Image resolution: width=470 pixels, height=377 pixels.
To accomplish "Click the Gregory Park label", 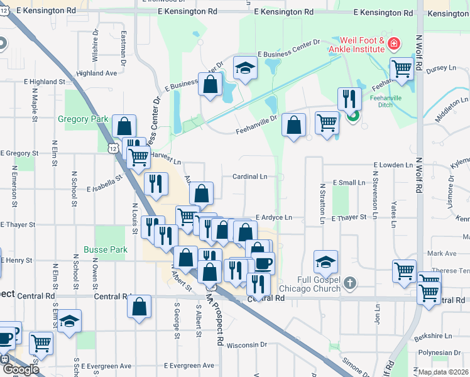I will click(x=83, y=119).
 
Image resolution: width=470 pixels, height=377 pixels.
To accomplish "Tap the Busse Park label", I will click(x=105, y=249).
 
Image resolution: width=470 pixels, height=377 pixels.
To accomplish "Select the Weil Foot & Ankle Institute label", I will click(x=363, y=44).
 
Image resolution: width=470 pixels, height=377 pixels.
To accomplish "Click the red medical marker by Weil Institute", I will click(x=393, y=43).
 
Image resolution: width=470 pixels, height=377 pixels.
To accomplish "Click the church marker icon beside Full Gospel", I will click(x=351, y=283).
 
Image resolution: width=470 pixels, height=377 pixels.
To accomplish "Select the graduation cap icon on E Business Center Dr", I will click(x=244, y=69).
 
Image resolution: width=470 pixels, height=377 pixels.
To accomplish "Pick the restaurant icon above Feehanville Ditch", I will click(x=347, y=99).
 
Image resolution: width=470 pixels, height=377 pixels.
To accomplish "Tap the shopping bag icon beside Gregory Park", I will click(x=124, y=126).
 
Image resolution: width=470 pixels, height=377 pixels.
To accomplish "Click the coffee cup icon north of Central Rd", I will click(x=263, y=262).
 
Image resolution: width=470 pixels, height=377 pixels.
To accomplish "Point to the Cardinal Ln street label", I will click(x=250, y=177).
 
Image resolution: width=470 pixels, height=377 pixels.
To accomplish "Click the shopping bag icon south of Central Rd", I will click(x=139, y=307).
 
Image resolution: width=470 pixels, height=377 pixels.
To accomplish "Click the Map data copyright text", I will click(x=444, y=372).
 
